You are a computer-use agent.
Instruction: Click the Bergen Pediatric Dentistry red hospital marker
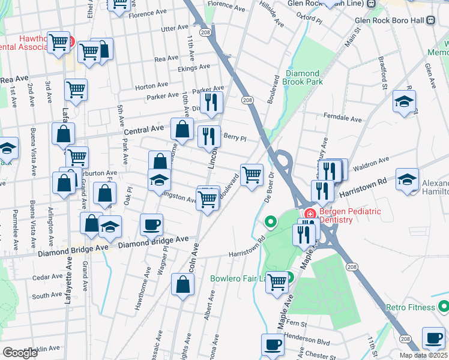tap(310, 214)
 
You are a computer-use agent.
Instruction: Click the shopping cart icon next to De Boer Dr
tap(252, 175)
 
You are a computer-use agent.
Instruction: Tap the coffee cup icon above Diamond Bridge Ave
tap(151, 224)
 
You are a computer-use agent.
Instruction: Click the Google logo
tap(20, 353)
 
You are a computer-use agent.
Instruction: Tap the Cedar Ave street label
tap(47, 277)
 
